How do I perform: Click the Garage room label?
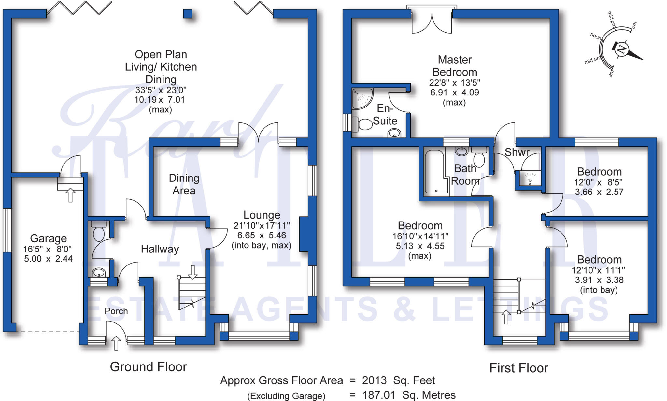(48, 238)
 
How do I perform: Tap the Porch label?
(116, 311)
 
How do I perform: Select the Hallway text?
(160, 249)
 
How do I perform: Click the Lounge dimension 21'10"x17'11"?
(262, 225)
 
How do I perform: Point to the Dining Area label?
(184, 184)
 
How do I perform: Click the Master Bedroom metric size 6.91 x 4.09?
(455, 93)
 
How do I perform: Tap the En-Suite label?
(385, 114)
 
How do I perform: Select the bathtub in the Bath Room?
(436, 172)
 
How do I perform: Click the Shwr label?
(517, 152)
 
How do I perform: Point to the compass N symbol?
(622, 49)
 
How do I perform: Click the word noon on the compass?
(596, 36)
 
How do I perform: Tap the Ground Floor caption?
(149, 367)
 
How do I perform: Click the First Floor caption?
(519, 368)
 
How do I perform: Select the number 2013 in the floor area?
(374, 380)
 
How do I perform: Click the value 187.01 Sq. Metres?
(409, 395)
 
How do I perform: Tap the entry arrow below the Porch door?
(116, 343)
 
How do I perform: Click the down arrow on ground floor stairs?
(193, 272)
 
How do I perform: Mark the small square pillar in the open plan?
(188, 14)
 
